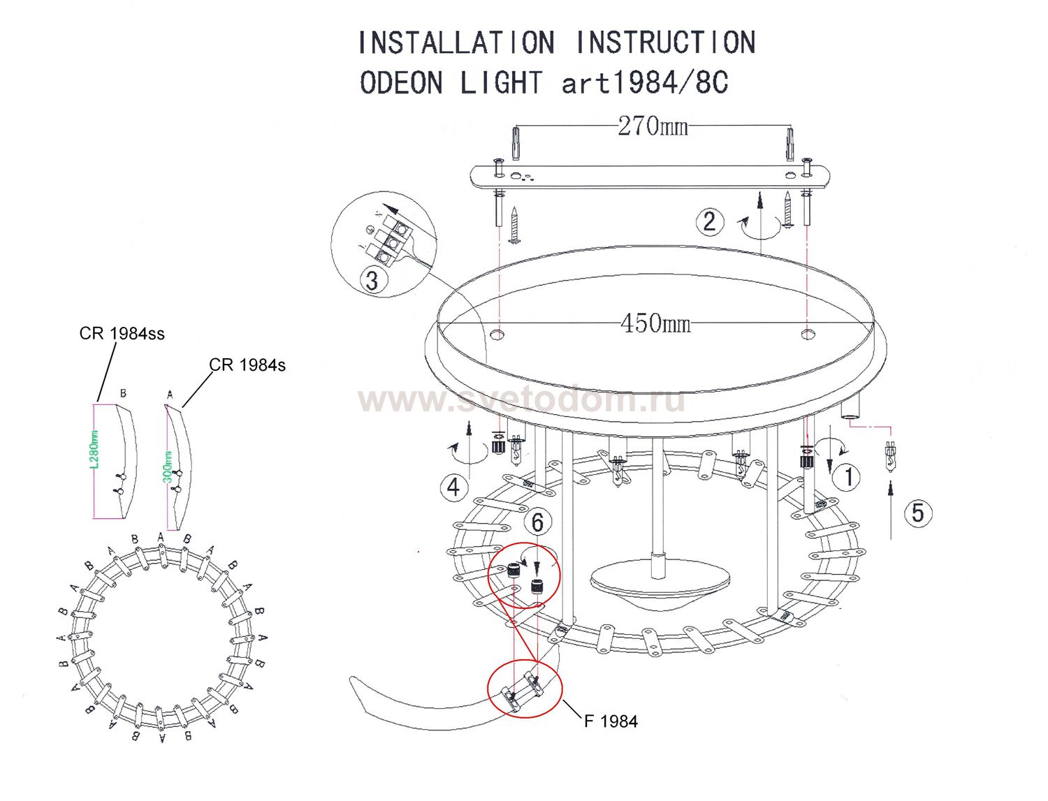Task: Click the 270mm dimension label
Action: point(653,126)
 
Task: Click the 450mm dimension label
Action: point(655,323)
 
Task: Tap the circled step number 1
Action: point(849,477)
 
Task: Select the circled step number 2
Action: point(709,221)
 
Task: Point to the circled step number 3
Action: point(372,281)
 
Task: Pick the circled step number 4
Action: point(453,486)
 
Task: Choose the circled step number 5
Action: point(918,513)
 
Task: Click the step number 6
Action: point(537,522)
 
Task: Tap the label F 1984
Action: point(611,721)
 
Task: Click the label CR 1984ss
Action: point(122,334)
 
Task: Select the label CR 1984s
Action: point(247,365)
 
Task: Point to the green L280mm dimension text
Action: point(96,449)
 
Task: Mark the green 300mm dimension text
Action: point(168,466)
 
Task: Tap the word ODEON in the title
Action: point(401,83)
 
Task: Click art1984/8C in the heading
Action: point(645,83)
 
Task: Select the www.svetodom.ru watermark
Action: point(521,401)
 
